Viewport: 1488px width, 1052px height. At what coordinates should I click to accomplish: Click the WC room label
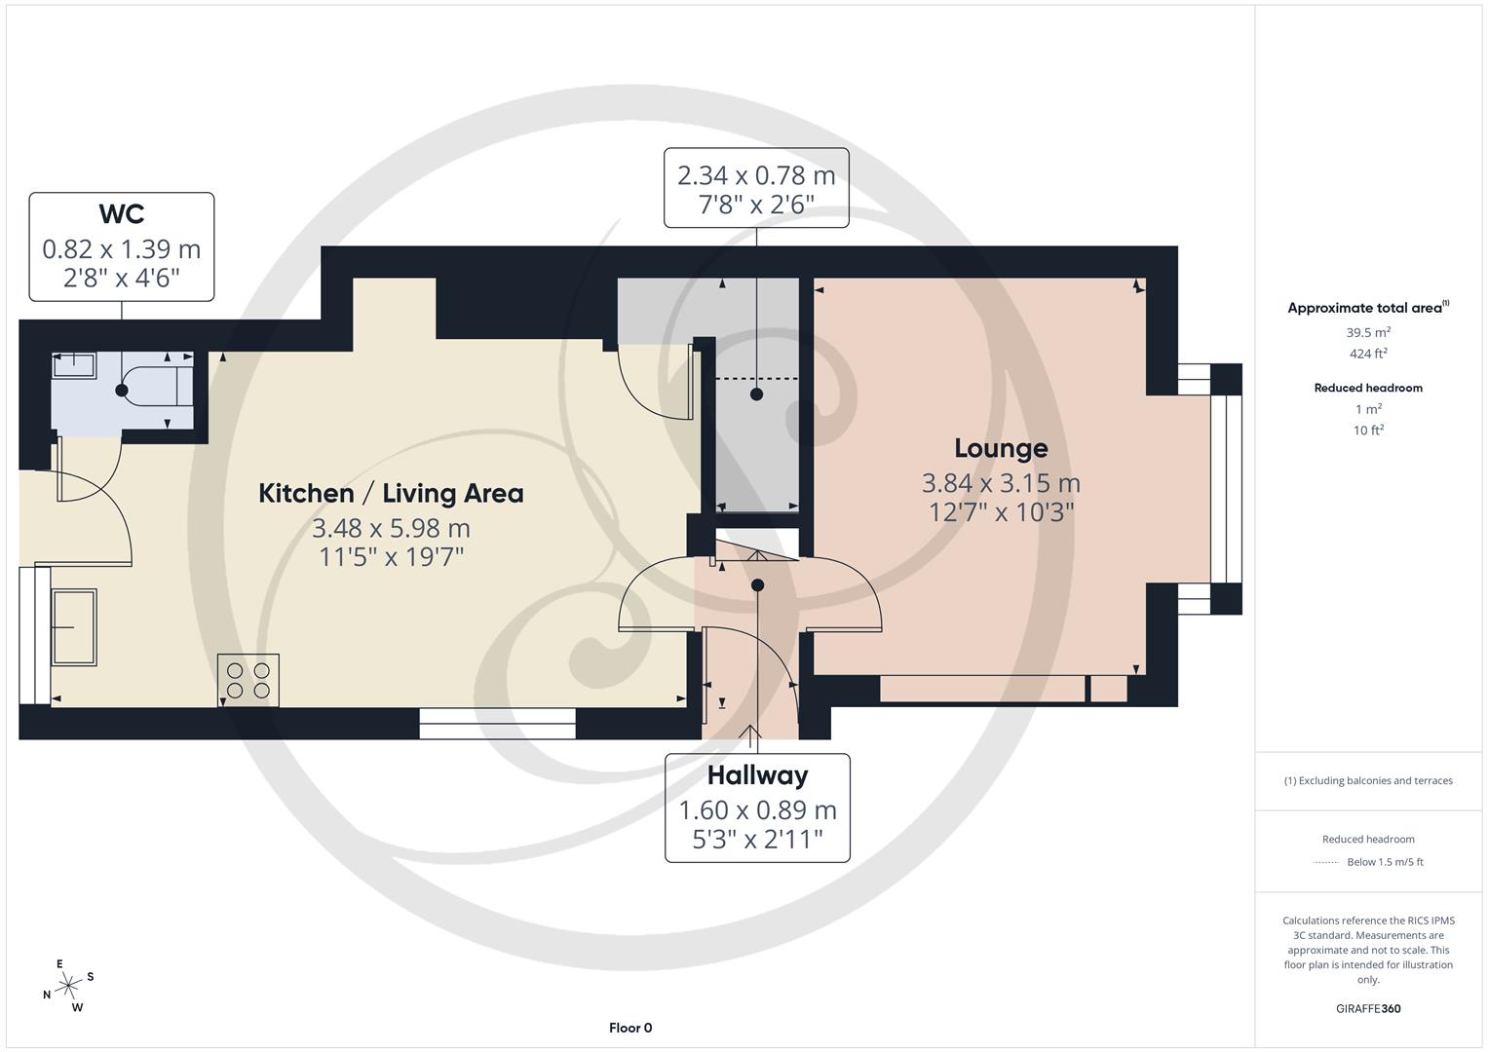(122, 213)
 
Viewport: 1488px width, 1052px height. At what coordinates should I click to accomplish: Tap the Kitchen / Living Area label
(391, 493)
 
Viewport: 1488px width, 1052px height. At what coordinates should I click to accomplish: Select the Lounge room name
(1001, 448)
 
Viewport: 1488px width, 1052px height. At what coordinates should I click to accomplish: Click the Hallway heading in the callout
(757, 775)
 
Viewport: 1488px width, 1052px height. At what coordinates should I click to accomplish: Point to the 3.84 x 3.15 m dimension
(1001, 483)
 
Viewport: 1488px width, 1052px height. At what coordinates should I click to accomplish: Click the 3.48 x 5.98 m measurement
(391, 528)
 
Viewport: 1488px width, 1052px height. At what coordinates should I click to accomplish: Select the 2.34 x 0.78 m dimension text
(756, 175)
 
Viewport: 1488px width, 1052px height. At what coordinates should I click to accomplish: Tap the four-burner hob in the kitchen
(248, 680)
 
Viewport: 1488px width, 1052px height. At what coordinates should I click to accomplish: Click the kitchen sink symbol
(73, 626)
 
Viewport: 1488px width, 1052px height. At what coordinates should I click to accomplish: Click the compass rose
(67, 987)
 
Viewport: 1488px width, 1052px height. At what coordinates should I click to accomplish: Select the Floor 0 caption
(630, 1028)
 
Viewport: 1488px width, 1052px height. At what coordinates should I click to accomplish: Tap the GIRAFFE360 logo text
(1367, 1008)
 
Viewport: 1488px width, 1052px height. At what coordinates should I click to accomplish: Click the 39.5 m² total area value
(1368, 332)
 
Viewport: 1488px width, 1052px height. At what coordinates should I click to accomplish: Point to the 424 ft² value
(1368, 354)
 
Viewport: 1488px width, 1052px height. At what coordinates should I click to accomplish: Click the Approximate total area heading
(1367, 308)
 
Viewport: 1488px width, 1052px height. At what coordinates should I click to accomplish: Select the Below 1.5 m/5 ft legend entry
(1384, 862)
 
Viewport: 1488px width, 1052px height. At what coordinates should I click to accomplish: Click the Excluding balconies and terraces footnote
(1368, 780)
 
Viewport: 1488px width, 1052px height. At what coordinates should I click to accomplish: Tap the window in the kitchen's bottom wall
(497, 723)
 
